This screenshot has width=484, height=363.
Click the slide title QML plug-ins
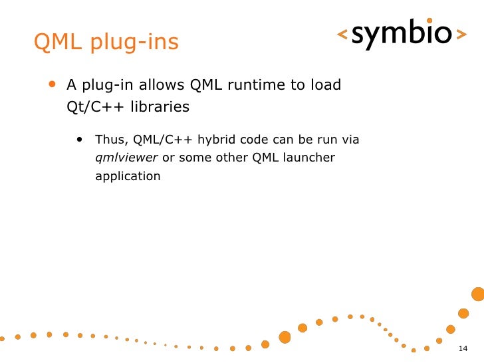[x=106, y=43]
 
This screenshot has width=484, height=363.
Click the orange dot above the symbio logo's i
[x=429, y=21]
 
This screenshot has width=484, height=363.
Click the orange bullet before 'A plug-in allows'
[x=53, y=84]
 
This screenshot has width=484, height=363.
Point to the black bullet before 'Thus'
[x=80, y=140]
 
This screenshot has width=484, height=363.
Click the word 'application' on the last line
[x=128, y=177]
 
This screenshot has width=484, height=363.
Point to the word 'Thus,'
[x=112, y=140]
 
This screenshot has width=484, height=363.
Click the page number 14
[x=463, y=350]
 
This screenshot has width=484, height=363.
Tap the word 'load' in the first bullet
[x=325, y=85]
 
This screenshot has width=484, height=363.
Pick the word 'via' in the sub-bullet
[x=350, y=140]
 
